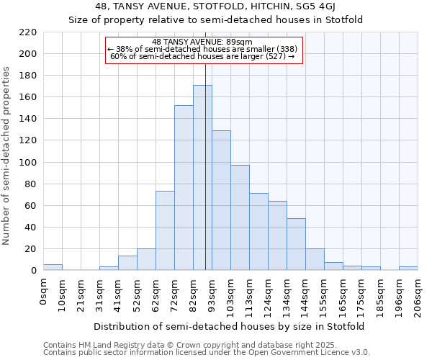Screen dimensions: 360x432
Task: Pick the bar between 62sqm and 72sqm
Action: point(165,230)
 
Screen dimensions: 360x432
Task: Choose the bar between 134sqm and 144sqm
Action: point(296,244)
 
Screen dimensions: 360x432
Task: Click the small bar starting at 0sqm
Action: point(53,267)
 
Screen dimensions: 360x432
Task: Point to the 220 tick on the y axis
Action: point(29,32)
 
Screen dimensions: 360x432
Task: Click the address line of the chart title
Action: point(217,7)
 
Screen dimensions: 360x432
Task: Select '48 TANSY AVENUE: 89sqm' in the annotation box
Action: point(202,42)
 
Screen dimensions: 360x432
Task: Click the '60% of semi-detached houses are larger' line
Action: point(202,56)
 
